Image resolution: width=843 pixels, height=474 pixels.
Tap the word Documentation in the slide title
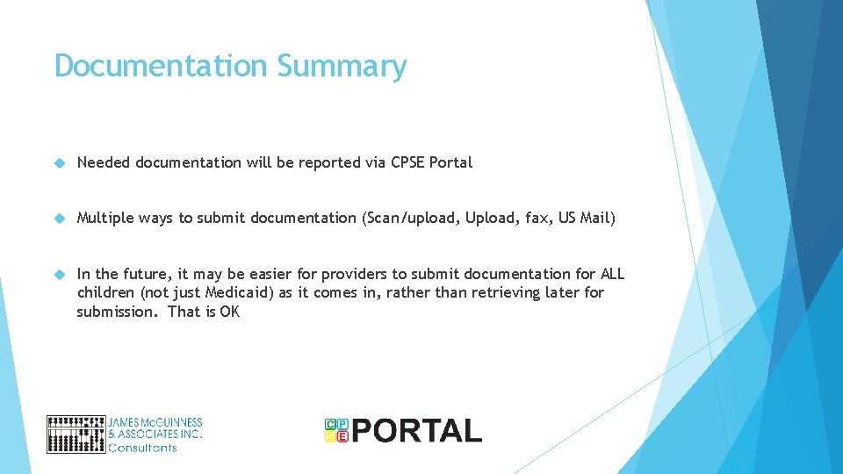tap(161, 66)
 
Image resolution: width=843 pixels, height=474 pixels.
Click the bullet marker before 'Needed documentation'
tap(59, 162)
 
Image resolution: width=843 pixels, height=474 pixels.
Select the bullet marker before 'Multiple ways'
tap(59, 218)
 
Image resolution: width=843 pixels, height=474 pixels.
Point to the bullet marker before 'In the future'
tap(59, 274)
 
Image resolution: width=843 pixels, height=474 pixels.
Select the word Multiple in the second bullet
tap(105, 218)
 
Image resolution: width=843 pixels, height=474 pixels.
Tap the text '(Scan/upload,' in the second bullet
tap(409, 218)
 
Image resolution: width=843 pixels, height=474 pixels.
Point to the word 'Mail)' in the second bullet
tap(598, 218)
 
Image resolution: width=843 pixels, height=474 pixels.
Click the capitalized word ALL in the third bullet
tap(612, 274)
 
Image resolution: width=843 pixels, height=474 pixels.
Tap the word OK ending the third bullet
tap(230, 312)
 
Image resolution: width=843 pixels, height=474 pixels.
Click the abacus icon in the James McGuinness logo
tap(76, 434)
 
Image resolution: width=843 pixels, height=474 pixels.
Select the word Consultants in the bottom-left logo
tap(142, 448)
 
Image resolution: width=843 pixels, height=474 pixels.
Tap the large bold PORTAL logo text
tap(417, 431)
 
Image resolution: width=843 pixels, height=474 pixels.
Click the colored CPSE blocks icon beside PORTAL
tap(336, 430)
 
